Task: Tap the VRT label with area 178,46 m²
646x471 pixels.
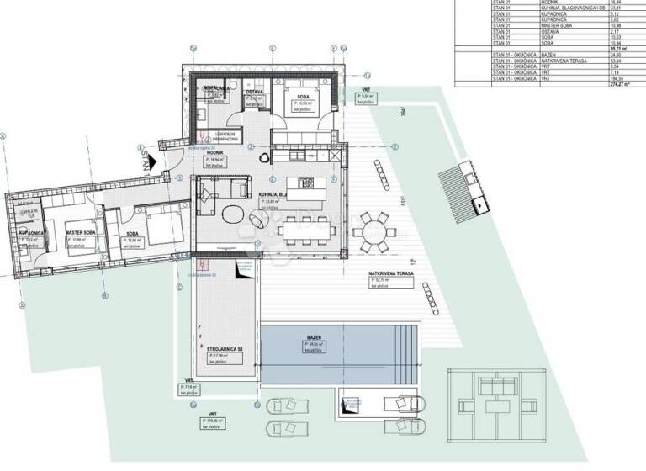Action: point(211,421)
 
